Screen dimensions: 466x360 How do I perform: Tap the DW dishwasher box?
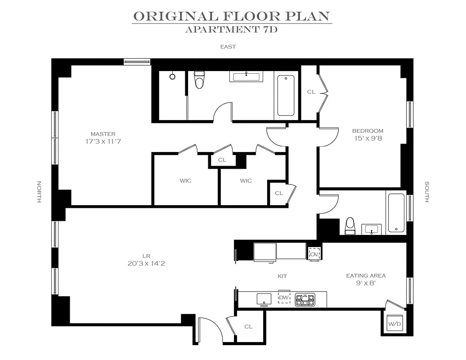pyautogui.click(x=284, y=297)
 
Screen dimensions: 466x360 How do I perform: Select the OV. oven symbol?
pyautogui.click(x=314, y=254)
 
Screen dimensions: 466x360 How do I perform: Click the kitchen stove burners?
pyautogui.click(x=305, y=299)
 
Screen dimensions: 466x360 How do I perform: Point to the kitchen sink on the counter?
pyautogui.click(x=264, y=299)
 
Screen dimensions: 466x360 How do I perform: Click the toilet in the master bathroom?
pyautogui.click(x=199, y=79)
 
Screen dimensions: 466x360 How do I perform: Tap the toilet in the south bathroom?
pyautogui.click(x=350, y=226)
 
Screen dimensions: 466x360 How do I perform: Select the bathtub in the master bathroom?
pyautogui.click(x=286, y=95)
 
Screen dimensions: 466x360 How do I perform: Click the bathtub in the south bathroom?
pyautogui.click(x=396, y=212)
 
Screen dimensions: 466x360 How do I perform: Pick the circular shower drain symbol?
pyautogui.click(x=172, y=76)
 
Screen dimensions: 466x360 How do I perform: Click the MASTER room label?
pyautogui.click(x=103, y=134)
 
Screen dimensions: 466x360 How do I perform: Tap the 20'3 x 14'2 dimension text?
pyautogui.click(x=146, y=263)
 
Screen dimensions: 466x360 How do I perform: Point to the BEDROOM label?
pyautogui.click(x=367, y=131)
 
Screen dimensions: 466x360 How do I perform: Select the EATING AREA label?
pyautogui.click(x=366, y=276)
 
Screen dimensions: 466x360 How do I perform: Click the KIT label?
pyautogui.click(x=282, y=276)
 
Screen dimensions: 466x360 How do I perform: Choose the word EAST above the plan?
pyautogui.click(x=228, y=47)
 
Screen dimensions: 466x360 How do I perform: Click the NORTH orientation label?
pyautogui.click(x=39, y=192)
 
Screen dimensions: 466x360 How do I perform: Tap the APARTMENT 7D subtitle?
pyautogui.click(x=231, y=29)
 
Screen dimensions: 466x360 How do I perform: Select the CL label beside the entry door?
pyautogui.click(x=248, y=327)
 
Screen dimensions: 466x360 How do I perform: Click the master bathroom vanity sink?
pyautogui.click(x=246, y=76)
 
